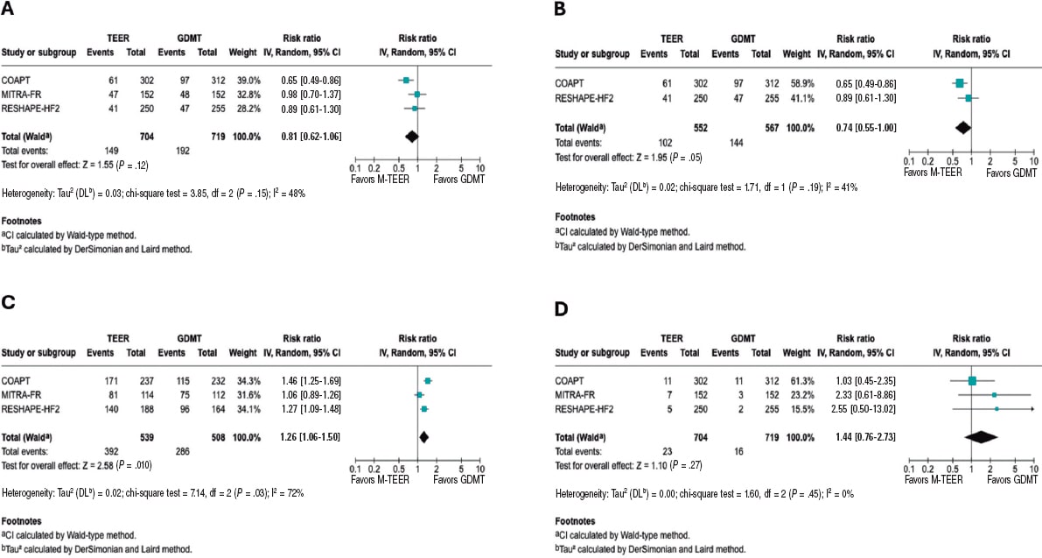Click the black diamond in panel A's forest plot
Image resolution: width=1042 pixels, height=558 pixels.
(x=412, y=136)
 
